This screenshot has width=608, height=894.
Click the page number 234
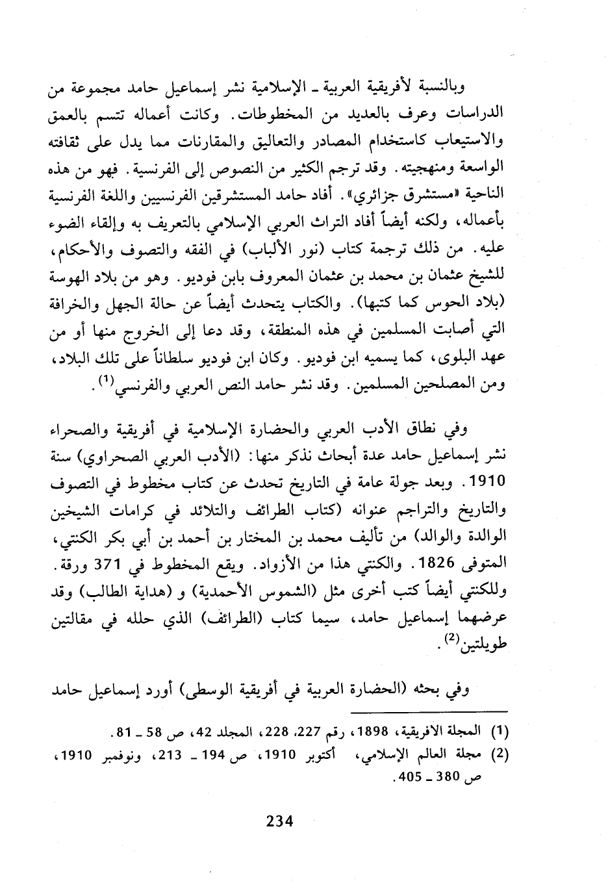pos(280,821)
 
